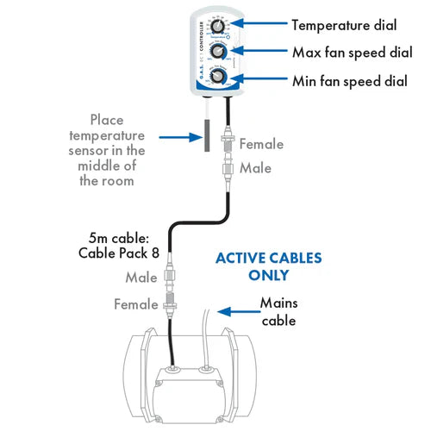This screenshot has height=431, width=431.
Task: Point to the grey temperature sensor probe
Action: pos(208,135)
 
